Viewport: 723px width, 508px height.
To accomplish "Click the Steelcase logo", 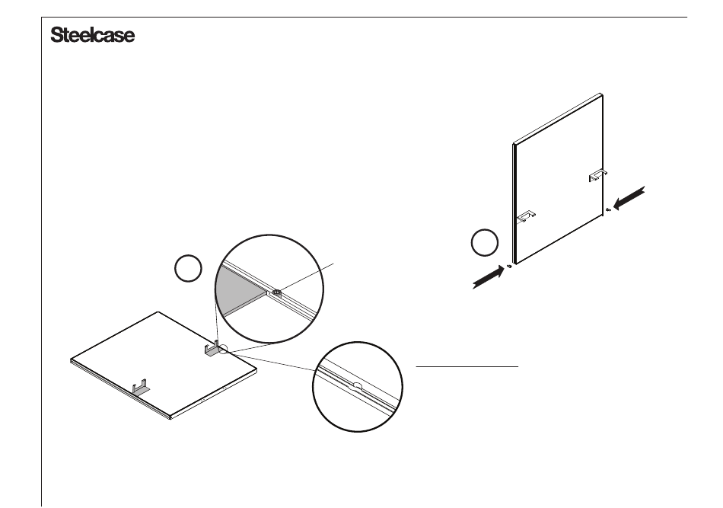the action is [x=92, y=36].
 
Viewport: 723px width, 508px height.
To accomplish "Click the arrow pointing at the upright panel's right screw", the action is [x=629, y=199].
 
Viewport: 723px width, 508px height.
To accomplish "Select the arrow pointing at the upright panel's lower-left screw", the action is [x=487, y=277].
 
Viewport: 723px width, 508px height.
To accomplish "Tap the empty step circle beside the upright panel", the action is [x=485, y=244].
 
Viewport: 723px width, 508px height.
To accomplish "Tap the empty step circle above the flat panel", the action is [x=188, y=269].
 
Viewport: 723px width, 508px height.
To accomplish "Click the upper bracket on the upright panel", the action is [x=597, y=176].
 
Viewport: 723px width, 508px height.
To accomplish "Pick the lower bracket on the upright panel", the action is [x=526, y=217].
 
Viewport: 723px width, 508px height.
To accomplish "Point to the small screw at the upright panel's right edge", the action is [x=607, y=209].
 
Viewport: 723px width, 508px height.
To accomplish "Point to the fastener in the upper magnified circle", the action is [x=276, y=291].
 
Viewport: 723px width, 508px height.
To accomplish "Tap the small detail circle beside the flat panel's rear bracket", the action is [x=221, y=350].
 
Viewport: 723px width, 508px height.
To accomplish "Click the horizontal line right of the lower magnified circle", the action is [x=467, y=366].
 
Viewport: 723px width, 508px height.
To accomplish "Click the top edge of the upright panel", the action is [x=559, y=119].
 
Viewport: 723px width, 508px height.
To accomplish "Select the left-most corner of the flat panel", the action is [x=71, y=357].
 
